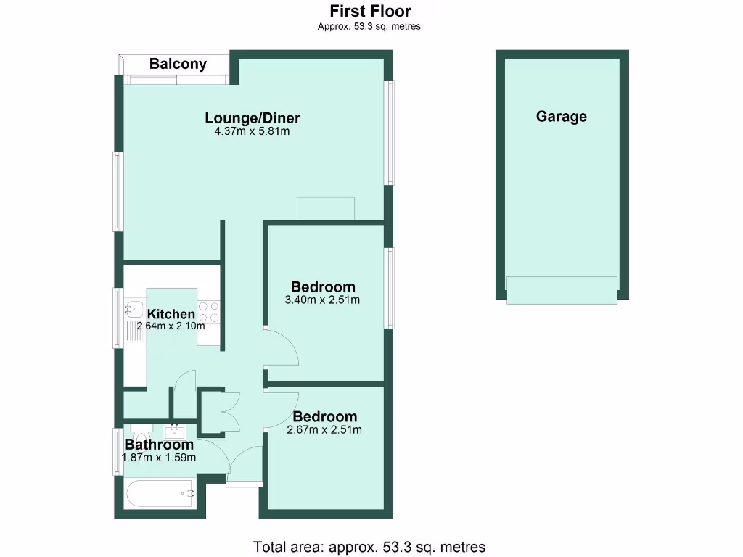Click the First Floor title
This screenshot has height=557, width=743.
pos(370,11)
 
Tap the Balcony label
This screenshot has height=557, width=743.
pos(178,64)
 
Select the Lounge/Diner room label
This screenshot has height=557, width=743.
pos(253,118)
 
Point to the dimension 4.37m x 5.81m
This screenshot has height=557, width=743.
pos(253,131)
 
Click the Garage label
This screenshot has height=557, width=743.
pos(562,116)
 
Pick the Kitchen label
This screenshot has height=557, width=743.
pos(171,314)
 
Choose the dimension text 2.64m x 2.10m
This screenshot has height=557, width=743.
pos(171,326)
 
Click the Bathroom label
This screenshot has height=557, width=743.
pos(159,445)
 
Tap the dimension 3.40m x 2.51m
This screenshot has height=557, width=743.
pos(323,300)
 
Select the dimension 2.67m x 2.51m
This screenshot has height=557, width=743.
pos(324,429)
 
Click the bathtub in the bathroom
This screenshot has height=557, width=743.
pos(160,495)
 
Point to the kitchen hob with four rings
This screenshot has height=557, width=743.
pos(209,312)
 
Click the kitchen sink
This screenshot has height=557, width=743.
pos(134,310)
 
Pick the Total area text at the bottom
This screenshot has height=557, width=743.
pos(369,547)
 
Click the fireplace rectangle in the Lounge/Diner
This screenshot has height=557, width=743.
pos(326,209)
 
